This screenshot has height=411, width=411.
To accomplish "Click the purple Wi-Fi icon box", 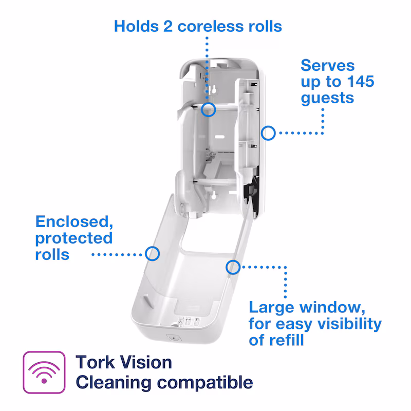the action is tap(44, 372).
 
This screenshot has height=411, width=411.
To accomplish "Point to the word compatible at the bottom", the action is tap(205, 383).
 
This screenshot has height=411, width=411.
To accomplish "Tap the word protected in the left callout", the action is tap(74, 239).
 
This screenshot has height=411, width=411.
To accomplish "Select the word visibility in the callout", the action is tap(349, 324).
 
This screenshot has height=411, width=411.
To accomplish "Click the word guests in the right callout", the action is tap(327, 99).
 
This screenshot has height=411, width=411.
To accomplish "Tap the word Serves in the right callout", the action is tap(328, 65).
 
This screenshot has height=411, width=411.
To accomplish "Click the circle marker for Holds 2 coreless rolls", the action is tap(209, 109).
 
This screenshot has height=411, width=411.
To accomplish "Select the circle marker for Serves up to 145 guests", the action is tap(268, 133).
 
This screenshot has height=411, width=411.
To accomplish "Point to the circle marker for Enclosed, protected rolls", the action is tap(152, 254).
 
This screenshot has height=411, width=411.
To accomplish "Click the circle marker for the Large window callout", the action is tap(233, 267).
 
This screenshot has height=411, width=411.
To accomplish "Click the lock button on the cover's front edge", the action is tap(174, 338).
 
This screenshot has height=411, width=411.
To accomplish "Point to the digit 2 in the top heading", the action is tap(168, 27).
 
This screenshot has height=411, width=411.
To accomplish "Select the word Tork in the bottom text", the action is tap(96, 362).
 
